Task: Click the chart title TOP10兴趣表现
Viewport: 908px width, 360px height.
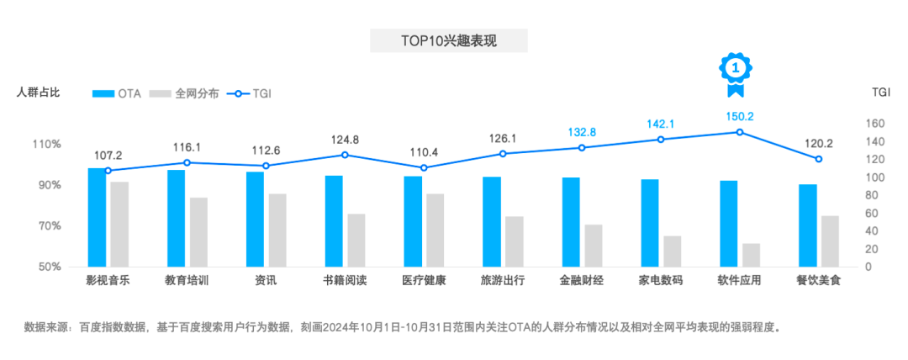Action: pos(448,40)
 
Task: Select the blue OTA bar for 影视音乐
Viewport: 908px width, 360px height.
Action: pos(97,217)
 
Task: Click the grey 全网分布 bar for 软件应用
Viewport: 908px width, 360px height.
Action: pos(751,255)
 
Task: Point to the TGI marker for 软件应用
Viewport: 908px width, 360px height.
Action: pos(740,132)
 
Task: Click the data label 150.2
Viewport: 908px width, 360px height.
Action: pos(740,117)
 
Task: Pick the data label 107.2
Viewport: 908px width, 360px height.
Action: pos(108,156)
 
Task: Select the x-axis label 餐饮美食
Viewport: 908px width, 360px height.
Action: pos(818,280)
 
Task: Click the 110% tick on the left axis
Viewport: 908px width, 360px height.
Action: pos(47,145)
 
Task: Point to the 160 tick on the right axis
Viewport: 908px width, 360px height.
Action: pos(875,124)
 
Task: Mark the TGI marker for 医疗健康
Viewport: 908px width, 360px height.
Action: pos(424,167)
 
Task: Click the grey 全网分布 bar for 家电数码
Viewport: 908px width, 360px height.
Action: pos(672,251)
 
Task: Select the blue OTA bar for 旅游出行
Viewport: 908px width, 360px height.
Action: pos(492,221)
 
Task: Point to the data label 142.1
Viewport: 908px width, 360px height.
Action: pos(661,124)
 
